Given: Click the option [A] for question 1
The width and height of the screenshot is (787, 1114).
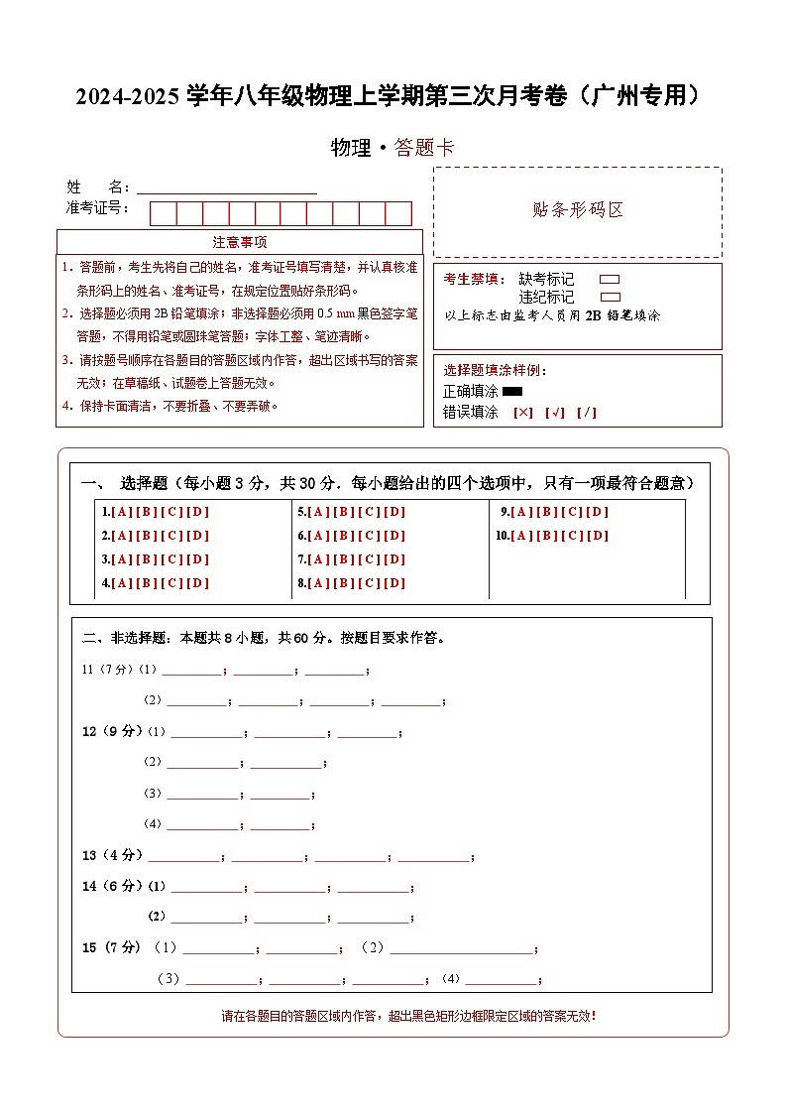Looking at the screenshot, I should tap(123, 512).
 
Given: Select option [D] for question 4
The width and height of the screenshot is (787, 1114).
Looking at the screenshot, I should tap(198, 583).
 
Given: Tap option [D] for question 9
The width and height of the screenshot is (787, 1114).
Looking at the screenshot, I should tap(598, 512).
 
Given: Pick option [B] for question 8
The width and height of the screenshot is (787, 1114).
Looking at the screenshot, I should tap(345, 583).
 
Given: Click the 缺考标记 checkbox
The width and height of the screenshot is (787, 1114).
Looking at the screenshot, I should tap(611, 280).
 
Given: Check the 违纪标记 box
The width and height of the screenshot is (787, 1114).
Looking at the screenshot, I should tap(611, 297).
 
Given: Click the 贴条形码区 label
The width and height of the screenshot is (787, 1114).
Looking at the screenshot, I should tap(577, 210).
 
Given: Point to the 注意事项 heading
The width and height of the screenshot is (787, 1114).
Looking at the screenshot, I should tap(239, 242).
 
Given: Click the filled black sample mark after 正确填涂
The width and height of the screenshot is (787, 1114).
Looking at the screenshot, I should tap(512, 391).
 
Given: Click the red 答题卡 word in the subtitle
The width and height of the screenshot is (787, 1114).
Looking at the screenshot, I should tap(424, 148).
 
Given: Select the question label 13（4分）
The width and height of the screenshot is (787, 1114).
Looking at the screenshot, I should tap(113, 855).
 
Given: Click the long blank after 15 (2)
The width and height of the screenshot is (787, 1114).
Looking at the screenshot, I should tap(461, 949).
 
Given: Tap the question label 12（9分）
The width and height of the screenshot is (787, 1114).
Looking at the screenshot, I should tap(113, 732).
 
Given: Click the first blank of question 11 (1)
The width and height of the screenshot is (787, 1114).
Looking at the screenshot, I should tap(192, 671).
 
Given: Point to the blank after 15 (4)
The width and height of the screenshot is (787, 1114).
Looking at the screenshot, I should tap(502, 980).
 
